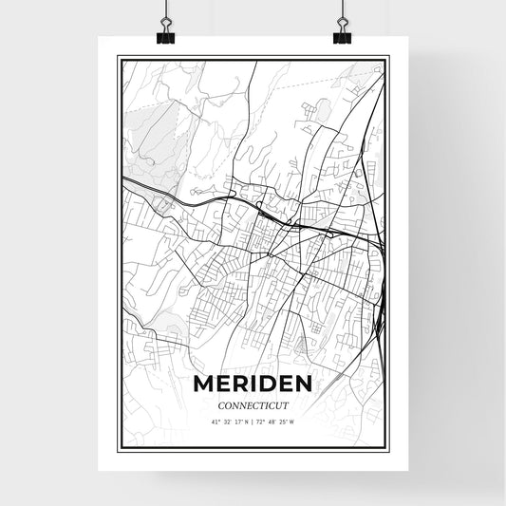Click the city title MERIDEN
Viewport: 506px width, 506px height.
(x=253, y=384)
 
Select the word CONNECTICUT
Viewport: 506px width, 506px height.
(x=253, y=404)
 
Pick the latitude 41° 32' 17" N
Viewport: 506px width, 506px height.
(x=230, y=422)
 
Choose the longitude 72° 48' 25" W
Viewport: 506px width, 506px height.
(x=276, y=422)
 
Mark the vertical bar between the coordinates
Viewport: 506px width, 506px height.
(x=253, y=422)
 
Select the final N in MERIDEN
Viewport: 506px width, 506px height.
(x=305, y=384)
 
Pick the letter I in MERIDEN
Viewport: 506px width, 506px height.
(x=256, y=384)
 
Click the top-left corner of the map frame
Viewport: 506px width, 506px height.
(x=118, y=57)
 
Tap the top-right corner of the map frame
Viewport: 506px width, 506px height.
(x=387, y=57)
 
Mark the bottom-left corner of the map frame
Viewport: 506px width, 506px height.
(x=118, y=451)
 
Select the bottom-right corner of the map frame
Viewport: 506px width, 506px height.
(x=387, y=451)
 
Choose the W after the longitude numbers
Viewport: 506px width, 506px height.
(x=292, y=422)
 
